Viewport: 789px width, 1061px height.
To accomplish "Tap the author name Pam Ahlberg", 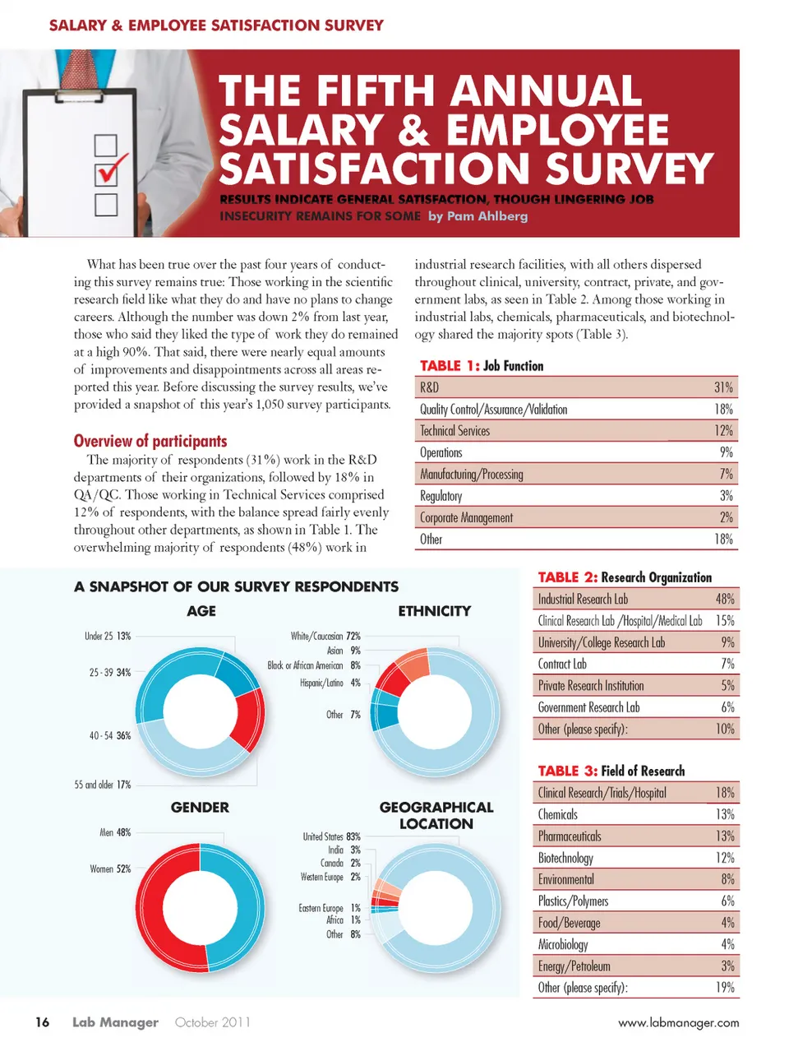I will click(478, 216).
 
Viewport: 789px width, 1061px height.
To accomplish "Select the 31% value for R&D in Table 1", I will click(723, 387).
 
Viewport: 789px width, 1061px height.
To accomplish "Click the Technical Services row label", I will click(454, 431).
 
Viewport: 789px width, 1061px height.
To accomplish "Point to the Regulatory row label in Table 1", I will click(441, 496).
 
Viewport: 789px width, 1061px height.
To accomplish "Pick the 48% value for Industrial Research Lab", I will click(725, 600).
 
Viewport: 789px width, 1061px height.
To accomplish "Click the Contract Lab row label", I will click(562, 664).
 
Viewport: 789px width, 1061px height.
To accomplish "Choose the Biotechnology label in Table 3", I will click(565, 858).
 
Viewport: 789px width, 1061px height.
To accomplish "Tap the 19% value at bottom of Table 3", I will click(725, 988).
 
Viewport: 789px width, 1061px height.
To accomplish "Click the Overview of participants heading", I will click(150, 441).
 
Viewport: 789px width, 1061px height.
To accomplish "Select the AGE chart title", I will click(201, 611).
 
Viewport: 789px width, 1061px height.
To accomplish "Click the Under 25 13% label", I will click(108, 637).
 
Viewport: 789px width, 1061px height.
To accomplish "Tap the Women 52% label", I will click(110, 869).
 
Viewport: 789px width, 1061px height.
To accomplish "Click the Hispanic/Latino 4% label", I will click(330, 683).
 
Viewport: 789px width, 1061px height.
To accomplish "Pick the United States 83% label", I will click(331, 836).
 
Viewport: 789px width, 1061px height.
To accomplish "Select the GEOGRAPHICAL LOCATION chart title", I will click(436, 815).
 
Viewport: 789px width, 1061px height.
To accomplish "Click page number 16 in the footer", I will click(42, 1022).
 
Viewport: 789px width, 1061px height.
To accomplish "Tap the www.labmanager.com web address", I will click(678, 1023).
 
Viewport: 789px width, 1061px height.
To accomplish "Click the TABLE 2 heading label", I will click(566, 577).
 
